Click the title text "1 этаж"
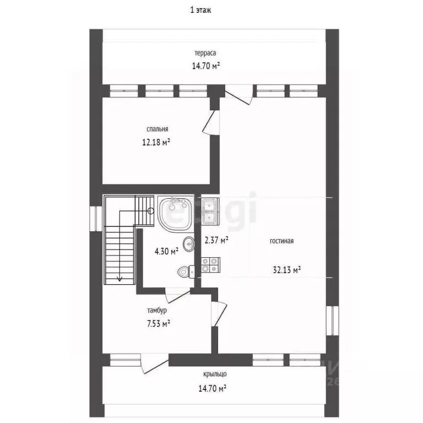[x=200, y=10]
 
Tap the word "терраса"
[x=205, y=53]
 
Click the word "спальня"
[x=158, y=129]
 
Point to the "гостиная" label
[x=281, y=241]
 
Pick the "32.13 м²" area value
[x=287, y=269]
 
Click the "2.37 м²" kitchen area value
[x=216, y=240]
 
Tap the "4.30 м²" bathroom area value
[x=166, y=251]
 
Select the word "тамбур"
[x=157, y=310]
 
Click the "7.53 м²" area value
[x=159, y=323]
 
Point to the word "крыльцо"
[x=215, y=374]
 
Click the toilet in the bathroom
[x=186, y=272]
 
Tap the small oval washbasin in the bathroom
[x=188, y=244]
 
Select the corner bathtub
[x=176, y=214]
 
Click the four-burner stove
[x=210, y=264]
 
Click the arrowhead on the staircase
[x=119, y=278]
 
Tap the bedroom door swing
[x=211, y=122]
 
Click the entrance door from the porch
[x=155, y=363]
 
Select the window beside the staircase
[x=96, y=219]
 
